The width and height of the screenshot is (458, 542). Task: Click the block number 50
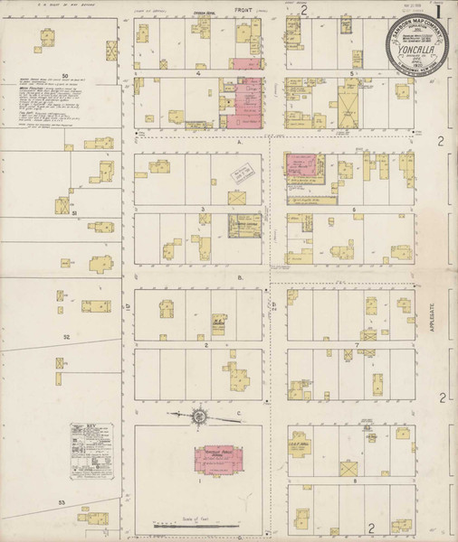(x=65, y=75)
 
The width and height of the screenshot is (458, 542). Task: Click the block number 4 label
(x=197, y=73)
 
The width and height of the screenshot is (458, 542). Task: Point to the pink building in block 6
(x=304, y=165)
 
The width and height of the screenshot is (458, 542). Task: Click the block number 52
(x=65, y=336)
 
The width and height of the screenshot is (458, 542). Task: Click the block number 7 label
(x=358, y=344)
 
